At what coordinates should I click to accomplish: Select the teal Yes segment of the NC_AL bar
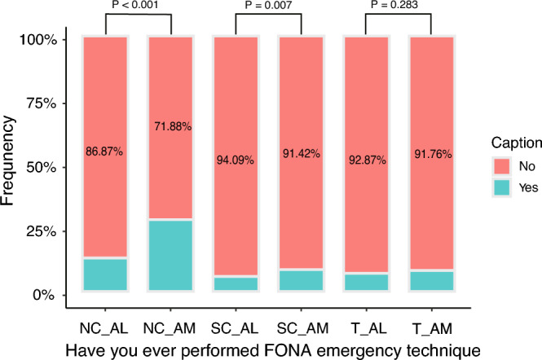[105, 274]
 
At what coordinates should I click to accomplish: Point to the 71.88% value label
[171, 126]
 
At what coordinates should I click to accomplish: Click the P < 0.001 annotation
[138, 5]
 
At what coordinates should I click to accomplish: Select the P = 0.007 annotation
[268, 5]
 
